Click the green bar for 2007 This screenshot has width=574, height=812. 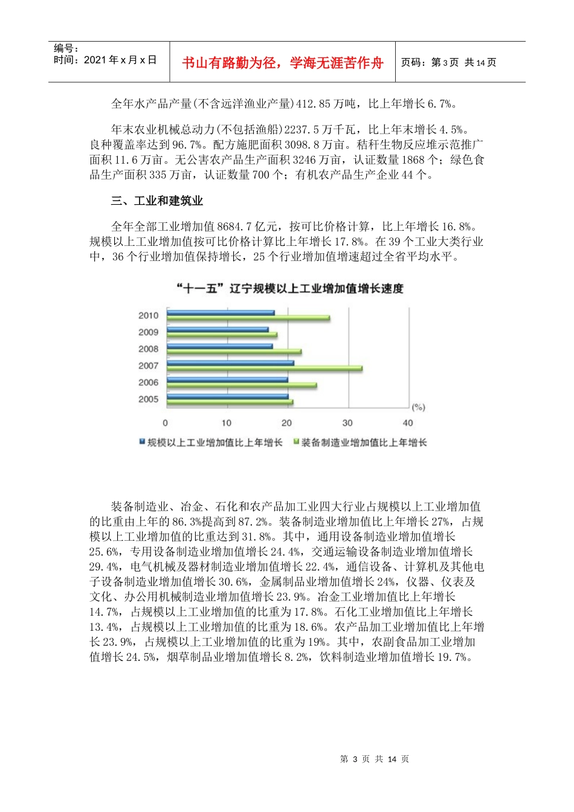(265, 369)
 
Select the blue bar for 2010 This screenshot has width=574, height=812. (221, 313)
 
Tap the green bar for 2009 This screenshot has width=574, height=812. (222, 335)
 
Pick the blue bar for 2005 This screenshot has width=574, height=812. (227, 396)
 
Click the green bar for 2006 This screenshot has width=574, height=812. (242, 385)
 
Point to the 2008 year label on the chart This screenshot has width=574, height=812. (148, 349)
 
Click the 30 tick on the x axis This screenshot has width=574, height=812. (348, 423)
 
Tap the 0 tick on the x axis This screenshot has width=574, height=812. (166, 423)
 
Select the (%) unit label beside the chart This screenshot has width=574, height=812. (418, 407)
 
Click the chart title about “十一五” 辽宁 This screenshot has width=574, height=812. (289, 289)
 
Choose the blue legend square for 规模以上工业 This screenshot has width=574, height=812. (142, 442)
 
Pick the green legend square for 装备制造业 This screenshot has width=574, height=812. (296, 442)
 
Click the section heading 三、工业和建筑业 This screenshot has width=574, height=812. (156, 201)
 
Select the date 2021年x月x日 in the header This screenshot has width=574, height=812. (105, 60)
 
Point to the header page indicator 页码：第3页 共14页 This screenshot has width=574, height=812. (448, 62)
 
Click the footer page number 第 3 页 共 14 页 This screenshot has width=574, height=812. (375, 759)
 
